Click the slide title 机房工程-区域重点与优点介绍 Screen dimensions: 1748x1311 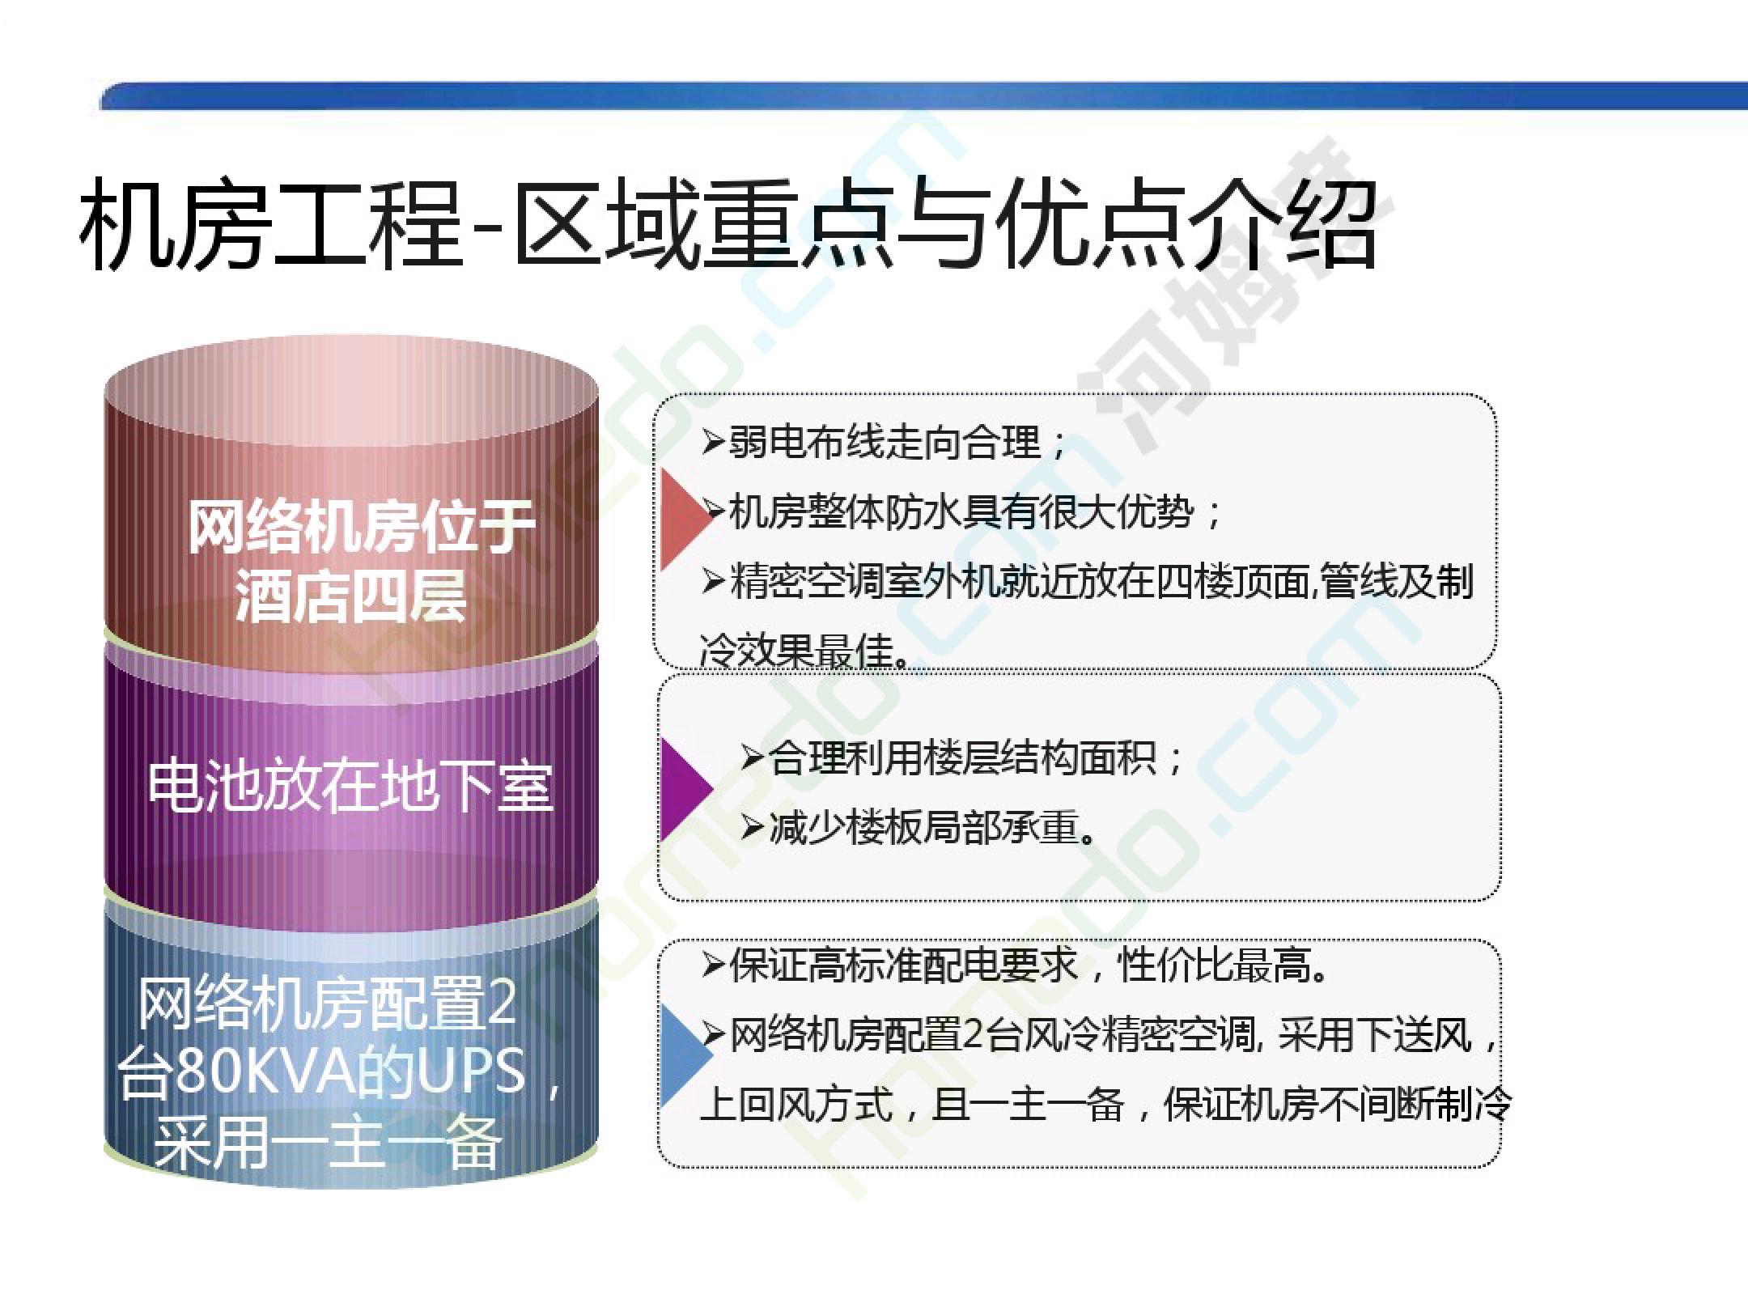click(728, 224)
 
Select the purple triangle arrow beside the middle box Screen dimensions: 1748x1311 click(685, 787)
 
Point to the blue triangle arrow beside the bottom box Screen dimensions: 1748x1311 click(685, 1055)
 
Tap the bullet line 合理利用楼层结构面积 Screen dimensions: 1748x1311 click(962, 758)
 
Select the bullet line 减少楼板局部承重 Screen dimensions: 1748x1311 click(919, 828)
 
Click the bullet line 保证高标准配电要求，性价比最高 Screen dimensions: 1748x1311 click(1015, 965)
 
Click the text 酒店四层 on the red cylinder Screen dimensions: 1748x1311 click(351, 596)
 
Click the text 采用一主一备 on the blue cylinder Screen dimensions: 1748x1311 click(328, 1143)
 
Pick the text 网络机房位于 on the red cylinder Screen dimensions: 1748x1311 click(361, 527)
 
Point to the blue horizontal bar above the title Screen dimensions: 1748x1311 click(923, 95)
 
